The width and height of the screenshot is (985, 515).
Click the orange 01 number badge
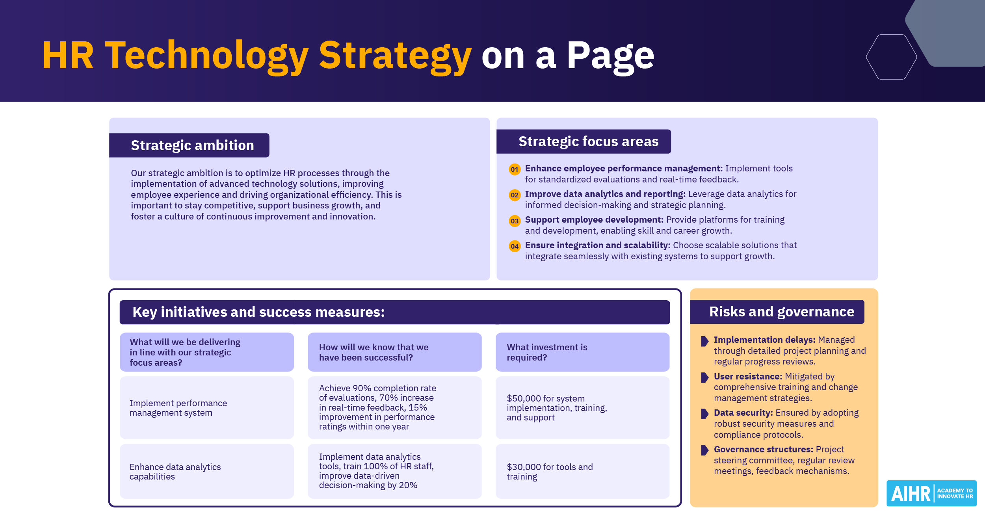515,169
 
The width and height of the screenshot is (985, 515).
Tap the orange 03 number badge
515,221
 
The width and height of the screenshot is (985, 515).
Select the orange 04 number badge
515,246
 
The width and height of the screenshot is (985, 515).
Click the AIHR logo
931,493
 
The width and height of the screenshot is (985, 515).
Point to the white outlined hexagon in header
891,57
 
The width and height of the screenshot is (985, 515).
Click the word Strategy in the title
395,56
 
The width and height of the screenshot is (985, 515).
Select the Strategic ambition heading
192,145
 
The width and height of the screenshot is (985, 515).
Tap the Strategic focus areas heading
588,141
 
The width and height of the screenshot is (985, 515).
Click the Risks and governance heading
782,312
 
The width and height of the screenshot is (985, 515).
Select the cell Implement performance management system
178,408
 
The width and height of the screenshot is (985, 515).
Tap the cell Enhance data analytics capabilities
175,472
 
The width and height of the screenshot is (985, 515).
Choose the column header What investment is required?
547,352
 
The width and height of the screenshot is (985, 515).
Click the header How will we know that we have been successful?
374,352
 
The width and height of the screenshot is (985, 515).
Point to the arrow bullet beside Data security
704,414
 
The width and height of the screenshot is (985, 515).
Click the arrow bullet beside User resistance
704,377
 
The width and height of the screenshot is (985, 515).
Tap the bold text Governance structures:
763,449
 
